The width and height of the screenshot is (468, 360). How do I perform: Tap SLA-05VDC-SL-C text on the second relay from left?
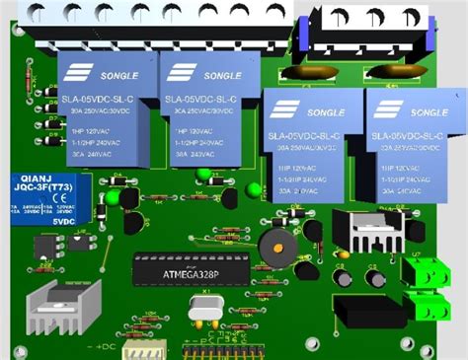202,100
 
